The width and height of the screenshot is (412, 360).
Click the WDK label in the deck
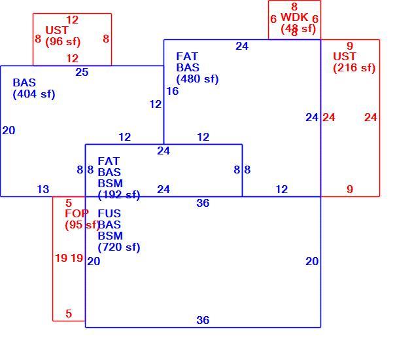(x=294, y=18)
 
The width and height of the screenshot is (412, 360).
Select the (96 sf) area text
(x=63, y=41)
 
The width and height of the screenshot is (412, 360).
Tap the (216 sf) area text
(x=354, y=67)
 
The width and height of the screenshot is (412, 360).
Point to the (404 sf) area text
(x=34, y=94)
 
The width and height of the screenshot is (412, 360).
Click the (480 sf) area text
(x=197, y=79)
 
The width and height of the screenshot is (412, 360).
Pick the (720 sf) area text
(x=119, y=247)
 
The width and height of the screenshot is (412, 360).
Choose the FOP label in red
(x=77, y=213)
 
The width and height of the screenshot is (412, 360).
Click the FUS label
(x=109, y=213)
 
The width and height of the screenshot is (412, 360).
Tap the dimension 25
(x=82, y=72)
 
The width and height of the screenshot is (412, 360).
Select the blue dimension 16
(x=173, y=91)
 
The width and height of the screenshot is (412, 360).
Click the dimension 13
(x=43, y=189)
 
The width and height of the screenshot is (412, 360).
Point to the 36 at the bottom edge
(x=203, y=320)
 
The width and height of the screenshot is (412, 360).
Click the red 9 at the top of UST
(x=350, y=46)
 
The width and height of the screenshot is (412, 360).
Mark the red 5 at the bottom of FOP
(x=69, y=314)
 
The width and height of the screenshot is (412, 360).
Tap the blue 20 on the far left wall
(x=9, y=130)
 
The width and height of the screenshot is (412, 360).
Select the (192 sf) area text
(x=119, y=195)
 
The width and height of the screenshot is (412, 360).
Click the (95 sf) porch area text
(x=82, y=225)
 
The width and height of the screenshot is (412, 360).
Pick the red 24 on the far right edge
(x=371, y=117)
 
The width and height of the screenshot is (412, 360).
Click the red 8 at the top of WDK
(x=294, y=7)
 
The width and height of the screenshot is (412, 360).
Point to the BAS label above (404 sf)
(x=24, y=82)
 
